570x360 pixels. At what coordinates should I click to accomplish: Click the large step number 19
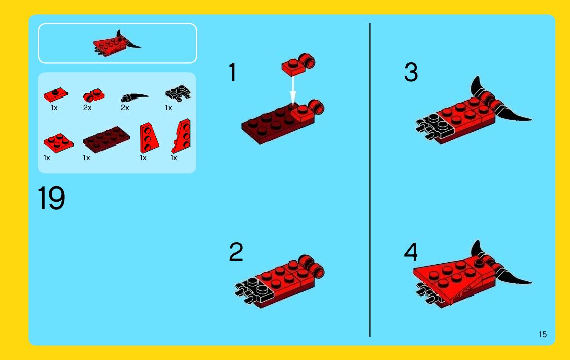pos(51,198)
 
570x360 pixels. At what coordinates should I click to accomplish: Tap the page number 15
pos(543,334)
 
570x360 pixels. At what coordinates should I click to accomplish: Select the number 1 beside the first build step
pos(232,72)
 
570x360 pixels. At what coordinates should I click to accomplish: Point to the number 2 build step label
pos(236,252)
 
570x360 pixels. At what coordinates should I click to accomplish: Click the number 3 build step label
pos(411,72)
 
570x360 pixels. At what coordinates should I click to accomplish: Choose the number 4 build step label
pos(411,252)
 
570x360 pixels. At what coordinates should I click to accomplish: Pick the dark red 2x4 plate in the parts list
pos(106,139)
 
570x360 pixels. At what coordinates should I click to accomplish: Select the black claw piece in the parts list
pos(134,97)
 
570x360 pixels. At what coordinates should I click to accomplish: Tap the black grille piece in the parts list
pos(178,93)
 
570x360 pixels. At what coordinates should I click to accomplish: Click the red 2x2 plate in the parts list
pos(58,142)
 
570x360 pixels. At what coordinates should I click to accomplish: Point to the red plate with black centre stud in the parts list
pos(55,94)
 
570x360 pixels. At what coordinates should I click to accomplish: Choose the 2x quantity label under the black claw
pos(125,108)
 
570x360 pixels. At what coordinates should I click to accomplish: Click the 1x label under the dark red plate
pos(86,158)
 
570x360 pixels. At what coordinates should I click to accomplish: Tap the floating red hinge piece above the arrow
pos(298,64)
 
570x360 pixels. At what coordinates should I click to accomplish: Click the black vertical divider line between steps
pos(370,180)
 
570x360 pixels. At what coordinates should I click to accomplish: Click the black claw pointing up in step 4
pos(478,249)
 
